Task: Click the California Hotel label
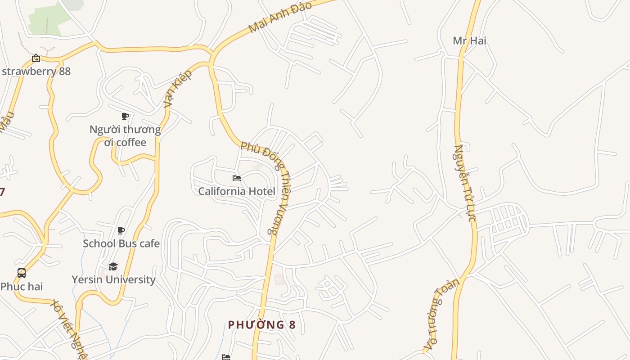click(x=237, y=191)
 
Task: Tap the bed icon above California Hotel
click(x=237, y=178)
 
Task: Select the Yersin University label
click(x=113, y=279)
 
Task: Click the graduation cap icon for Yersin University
click(x=113, y=266)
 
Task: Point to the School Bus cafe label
click(x=121, y=243)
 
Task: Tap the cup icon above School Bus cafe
click(x=121, y=231)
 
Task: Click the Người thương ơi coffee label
click(x=125, y=136)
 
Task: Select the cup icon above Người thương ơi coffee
click(x=125, y=117)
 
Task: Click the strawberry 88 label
click(x=36, y=71)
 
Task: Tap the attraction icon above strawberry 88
click(x=36, y=58)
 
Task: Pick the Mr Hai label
click(x=469, y=40)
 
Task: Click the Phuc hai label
click(x=22, y=286)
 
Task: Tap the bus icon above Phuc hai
click(x=22, y=273)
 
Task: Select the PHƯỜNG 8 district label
click(x=262, y=324)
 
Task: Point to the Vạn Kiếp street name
click(x=178, y=89)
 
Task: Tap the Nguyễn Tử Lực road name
click(x=465, y=183)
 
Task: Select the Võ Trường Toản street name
click(x=443, y=315)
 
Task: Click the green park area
click(x=49, y=18)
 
